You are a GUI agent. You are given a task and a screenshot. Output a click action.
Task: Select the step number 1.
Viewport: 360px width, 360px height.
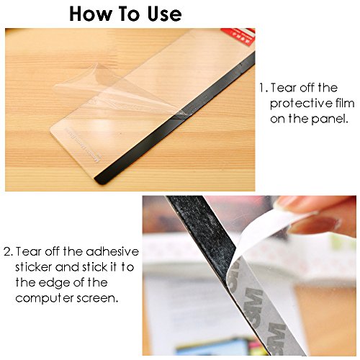(x=263, y=88)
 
